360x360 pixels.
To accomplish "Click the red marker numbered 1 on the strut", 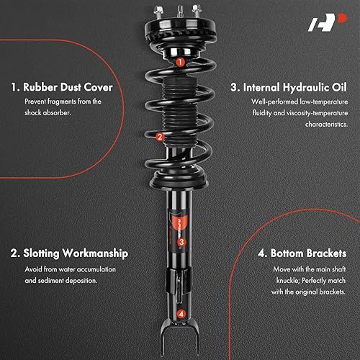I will coord(179,62).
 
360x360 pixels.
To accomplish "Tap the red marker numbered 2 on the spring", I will coord(161,135).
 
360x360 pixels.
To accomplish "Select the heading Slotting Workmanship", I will coord(71,253).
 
